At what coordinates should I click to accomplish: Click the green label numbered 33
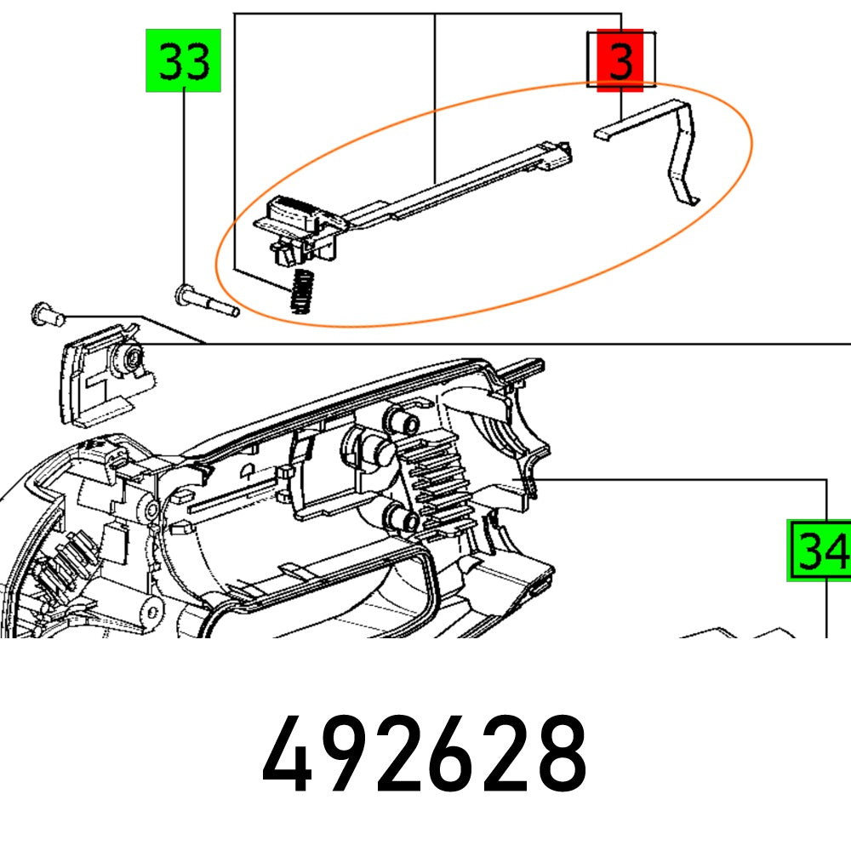point(184,60)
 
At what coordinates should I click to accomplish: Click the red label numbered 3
point(622,60)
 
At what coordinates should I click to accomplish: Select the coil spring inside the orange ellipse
point(299,291)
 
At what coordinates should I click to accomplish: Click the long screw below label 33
point(207,301)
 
